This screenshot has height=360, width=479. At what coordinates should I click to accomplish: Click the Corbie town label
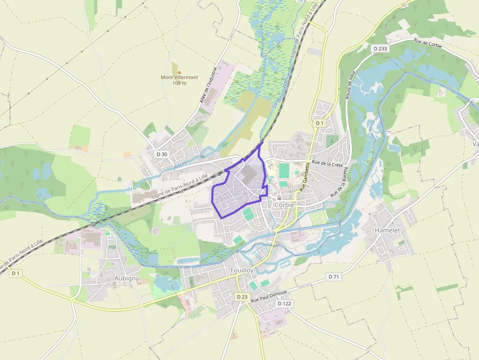285,205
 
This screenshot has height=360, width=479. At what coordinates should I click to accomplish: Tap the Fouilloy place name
241,270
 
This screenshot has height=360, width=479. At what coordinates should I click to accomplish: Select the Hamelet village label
387,230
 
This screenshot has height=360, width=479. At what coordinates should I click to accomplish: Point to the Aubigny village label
126,278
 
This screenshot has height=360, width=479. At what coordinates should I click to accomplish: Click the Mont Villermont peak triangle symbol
179,72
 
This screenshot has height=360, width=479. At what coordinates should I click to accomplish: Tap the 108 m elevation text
179,83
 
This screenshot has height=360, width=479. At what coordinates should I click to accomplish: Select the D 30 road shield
162,154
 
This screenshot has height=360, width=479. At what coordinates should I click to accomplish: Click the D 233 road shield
379,48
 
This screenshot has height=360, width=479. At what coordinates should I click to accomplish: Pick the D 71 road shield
334,277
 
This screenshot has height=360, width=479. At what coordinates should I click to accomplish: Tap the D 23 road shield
242,296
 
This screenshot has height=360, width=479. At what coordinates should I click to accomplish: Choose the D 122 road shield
284,304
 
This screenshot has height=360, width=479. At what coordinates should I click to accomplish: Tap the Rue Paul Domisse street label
268,295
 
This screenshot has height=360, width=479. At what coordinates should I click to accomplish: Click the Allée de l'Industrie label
207,85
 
